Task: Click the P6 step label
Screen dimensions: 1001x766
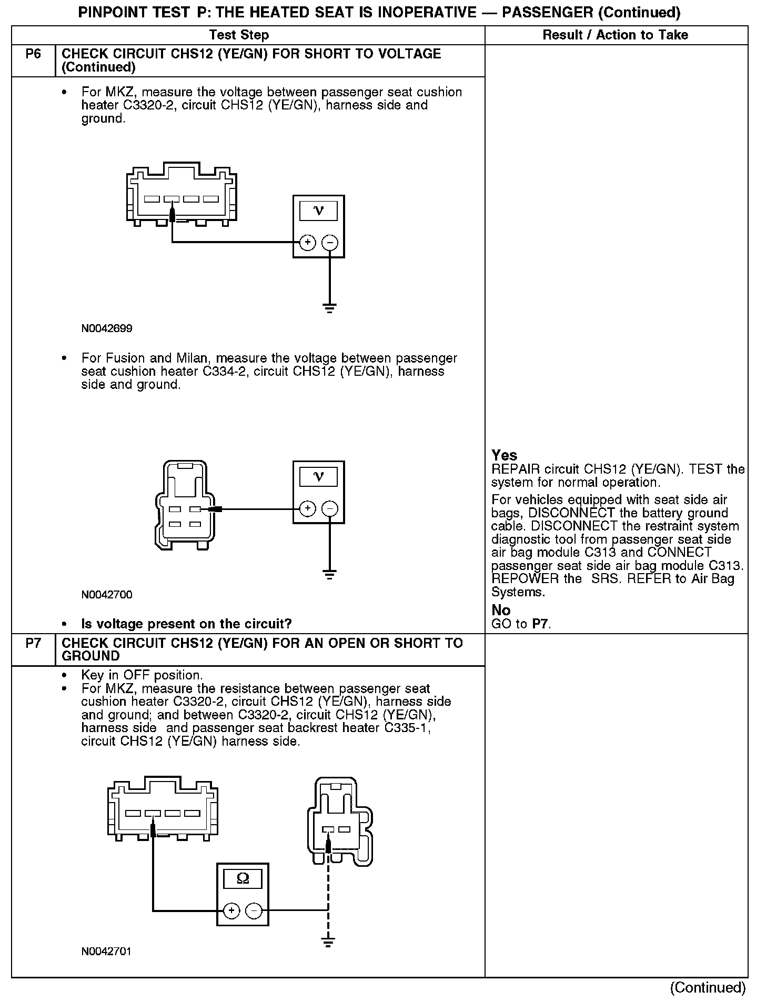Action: pos(33,54)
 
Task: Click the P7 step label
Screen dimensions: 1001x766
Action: pos(33,643)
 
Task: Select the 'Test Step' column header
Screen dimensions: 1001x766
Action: pos(239,35)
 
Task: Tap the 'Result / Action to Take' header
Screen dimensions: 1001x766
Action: pos(615,35)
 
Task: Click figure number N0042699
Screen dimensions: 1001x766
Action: pos(107,328)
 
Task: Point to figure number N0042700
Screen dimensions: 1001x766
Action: pos(107,595)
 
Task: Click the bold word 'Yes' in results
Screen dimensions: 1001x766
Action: pos(504,455)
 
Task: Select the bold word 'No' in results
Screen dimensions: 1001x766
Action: pos(501,610)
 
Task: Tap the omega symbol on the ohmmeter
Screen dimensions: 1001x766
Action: pos(243,878)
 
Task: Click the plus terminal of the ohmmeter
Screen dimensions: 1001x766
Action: pos(231,910)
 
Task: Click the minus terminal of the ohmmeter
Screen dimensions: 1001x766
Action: pos(254,910)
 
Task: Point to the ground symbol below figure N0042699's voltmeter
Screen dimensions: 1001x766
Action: pos(329,308)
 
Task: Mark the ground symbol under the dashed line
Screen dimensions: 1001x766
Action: pos(328,942)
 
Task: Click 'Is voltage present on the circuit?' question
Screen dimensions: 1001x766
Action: pos(186,624)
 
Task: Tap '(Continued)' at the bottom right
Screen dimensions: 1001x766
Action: pos(708,987)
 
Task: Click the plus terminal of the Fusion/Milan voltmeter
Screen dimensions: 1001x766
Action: pos(307,509)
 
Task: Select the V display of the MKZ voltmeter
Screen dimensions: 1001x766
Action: pos(318,211)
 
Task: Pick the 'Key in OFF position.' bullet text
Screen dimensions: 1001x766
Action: pos(142,675)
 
